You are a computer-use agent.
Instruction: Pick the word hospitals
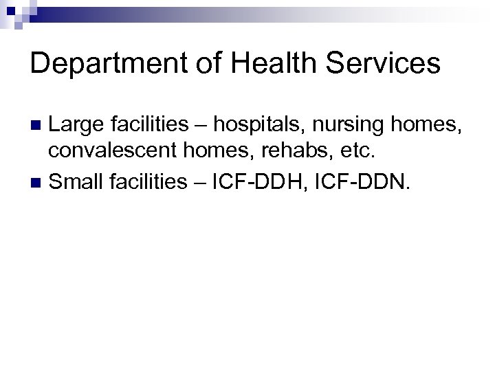(x=267, y=125)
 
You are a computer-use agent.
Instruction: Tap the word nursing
(x=348, y=125)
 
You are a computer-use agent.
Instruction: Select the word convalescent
(x=107, y=153)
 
